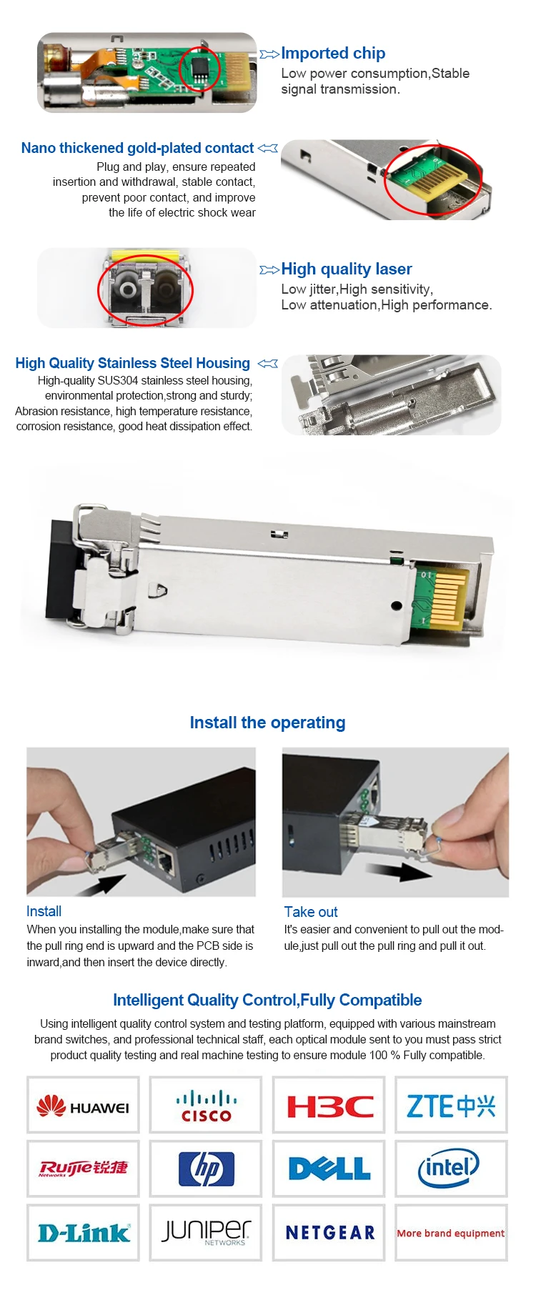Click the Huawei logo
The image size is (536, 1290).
[83, 1106]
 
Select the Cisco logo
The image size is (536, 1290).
[206, 1106]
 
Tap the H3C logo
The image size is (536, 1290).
[329, 1107]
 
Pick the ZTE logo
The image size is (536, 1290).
[451, 1106]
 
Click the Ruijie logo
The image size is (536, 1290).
[83, 1168]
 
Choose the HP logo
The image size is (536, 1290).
[207, 1169]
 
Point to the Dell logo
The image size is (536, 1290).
[329, 1169]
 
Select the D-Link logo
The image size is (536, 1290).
[84, 1232]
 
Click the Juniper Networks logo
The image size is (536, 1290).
[207, 1231]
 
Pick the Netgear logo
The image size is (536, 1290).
[330, 1232]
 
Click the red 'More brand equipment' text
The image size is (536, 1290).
[451, 1233]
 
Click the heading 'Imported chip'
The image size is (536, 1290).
[333, 53]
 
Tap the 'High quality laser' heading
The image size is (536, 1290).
[347, 269]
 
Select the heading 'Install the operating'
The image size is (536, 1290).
[267, 723]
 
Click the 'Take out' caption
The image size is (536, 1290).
[311, 912]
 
